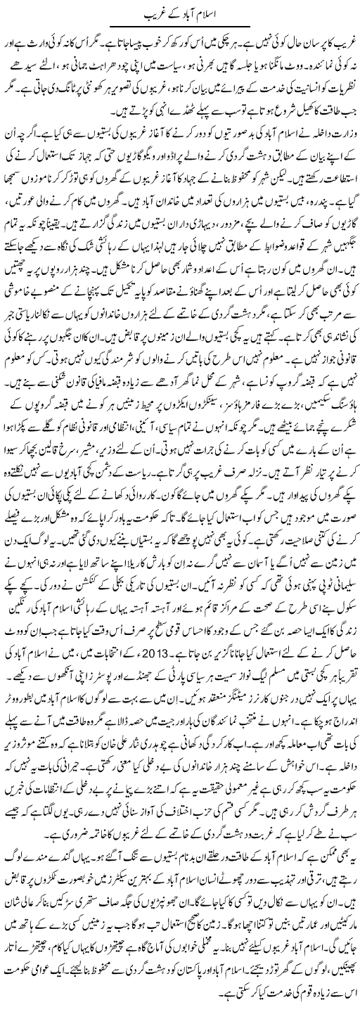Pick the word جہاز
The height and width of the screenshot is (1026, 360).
(x=78, y=147)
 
